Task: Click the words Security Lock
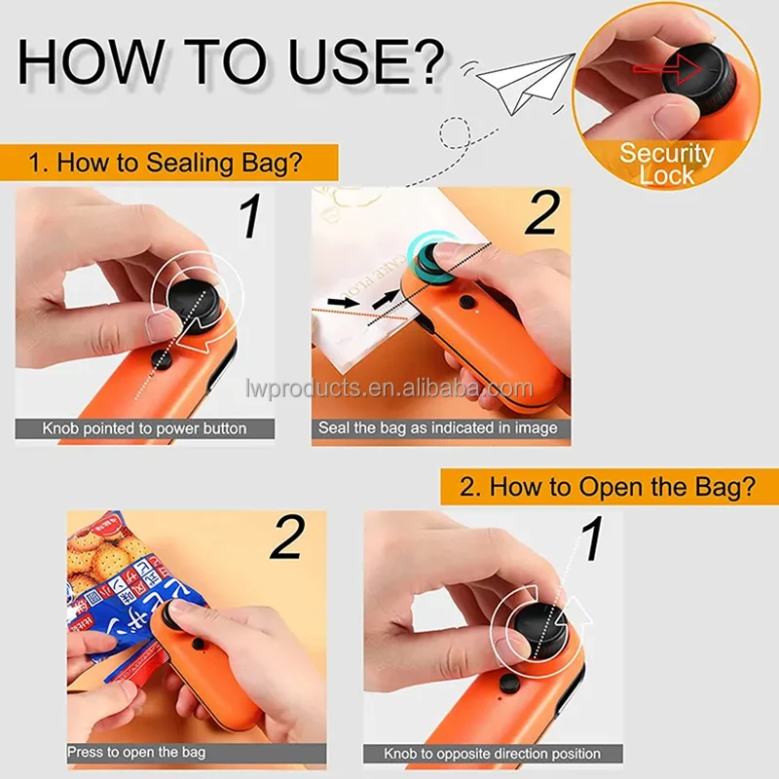666,164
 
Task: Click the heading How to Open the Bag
607,486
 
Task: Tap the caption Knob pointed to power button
144,428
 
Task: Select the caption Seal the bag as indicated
438,428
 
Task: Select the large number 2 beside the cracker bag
285,539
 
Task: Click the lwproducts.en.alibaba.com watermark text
389,389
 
